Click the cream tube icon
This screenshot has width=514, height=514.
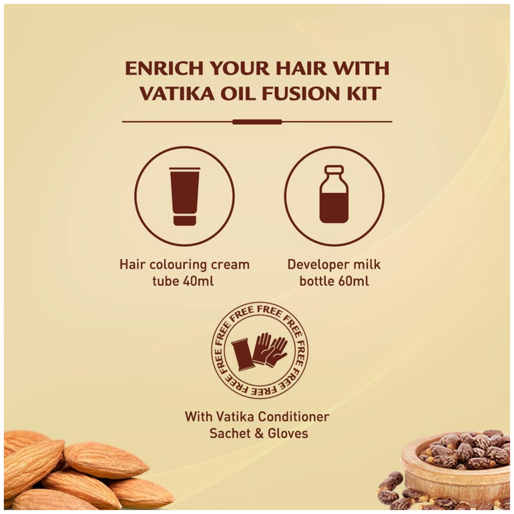pyautogui.click(x=184, y=197)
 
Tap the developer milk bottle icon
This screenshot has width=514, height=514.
pyautogui.click(x=334, y=194)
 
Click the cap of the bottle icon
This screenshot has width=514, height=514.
pyautogui.click(x=334, y=170)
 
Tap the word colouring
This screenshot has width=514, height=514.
pyautogui.click(x=174, y=265)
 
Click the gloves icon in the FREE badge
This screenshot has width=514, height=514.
pyautogui.click(x=270, y=349)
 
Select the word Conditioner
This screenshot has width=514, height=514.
pyautogui.click(x=294, y=417)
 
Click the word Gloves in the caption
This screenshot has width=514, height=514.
pyautogui.click(x=288, y=433)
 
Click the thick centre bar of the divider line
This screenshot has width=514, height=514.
pyautogui.click(x=257, y=122)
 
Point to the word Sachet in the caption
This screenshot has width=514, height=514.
pyautogui.click(x=230, y=433)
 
